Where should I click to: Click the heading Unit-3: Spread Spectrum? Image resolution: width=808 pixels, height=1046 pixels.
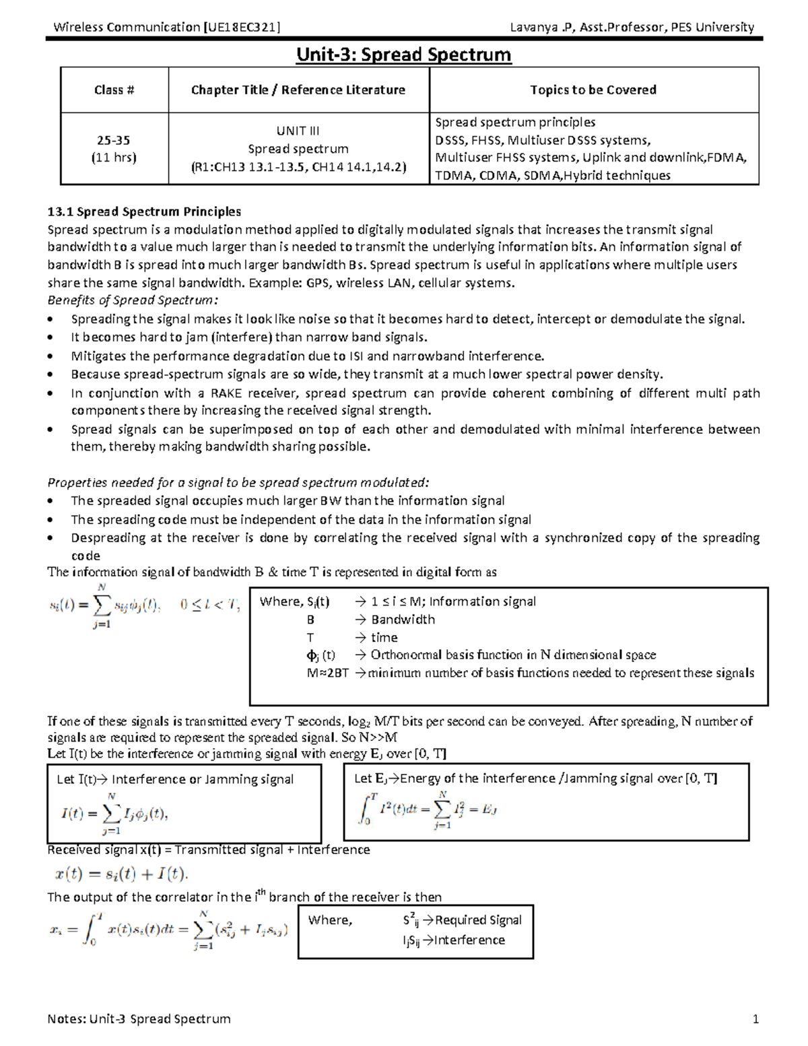403,55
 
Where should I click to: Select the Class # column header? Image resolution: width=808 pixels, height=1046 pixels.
114,90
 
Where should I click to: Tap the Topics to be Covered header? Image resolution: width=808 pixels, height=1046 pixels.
593,90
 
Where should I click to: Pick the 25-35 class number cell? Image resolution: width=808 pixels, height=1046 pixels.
113,140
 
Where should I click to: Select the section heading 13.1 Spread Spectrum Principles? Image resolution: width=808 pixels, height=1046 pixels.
144,211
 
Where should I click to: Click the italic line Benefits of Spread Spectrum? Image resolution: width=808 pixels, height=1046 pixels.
133,300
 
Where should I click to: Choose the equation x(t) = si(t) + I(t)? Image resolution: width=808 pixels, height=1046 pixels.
121,874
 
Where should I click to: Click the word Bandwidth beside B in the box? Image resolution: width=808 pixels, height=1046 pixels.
403,620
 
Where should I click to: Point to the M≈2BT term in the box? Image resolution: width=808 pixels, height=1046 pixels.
327,673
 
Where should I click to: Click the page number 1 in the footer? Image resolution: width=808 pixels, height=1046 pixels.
755,1019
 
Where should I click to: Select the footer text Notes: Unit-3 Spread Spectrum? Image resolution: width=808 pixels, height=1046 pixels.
139,1019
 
